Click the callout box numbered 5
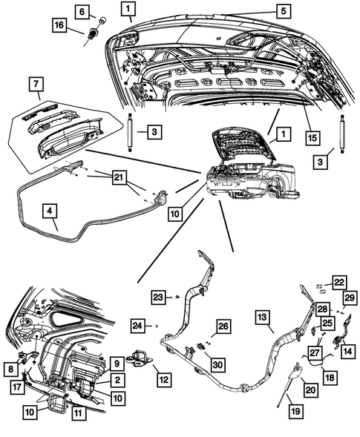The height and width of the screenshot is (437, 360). [x=284, y=11]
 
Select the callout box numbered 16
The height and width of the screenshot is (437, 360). [x=59, y=25]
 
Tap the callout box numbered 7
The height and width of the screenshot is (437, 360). [x=36, y=85]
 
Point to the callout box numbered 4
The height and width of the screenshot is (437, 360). [x=50, y=211]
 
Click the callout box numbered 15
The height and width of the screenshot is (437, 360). [x=312, y=138]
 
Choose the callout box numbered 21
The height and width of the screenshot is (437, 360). [x=119, y=177]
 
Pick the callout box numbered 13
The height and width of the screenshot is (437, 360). [x=263, y=317]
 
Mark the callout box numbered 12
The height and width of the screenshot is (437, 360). [x=164, y=379]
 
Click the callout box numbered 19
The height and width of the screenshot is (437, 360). [x=295, y=411]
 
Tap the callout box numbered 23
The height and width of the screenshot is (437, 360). [x=159, y=297]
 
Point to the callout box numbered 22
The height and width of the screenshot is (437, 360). [x=339, y=283]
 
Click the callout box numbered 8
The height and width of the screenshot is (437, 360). [x=11, y=369]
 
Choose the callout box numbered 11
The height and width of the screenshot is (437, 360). [x=79, y=413]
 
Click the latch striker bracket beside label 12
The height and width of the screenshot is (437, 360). [x=139, y=358]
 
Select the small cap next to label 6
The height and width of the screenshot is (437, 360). [x=103, y=20]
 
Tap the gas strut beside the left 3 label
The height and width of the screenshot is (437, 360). [x=130, y=131]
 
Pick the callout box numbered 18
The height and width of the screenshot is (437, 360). [x=330, y=378]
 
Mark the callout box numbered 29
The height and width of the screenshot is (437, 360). [x=350, y=298]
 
